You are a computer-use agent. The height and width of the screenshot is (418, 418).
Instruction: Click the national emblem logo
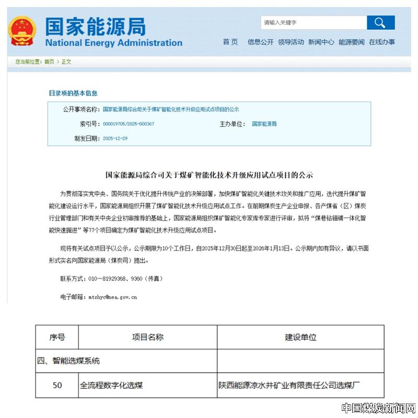point(22,31)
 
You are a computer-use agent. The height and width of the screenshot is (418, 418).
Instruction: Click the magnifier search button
point(380,22)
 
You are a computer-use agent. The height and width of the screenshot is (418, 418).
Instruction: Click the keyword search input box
point(313,22)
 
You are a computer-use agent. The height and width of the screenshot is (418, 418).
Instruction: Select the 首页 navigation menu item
point(230,42)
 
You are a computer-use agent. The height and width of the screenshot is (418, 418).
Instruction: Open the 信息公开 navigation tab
point(260,42)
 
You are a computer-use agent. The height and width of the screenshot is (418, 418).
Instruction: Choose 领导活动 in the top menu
point(291,42)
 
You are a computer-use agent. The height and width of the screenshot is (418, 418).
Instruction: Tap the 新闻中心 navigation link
point(321,42)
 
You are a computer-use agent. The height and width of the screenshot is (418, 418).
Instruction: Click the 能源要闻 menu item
point(351,42)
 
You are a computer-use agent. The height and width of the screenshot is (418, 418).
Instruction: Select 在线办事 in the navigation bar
point(382,42)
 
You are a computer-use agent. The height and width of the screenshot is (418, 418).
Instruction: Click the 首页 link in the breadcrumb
point(49,62)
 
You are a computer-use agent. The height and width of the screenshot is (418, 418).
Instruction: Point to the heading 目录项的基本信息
point(73,93)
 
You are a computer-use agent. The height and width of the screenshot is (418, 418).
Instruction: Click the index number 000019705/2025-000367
point(129,124)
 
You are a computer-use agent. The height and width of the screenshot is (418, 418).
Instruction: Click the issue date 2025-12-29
point(115,138)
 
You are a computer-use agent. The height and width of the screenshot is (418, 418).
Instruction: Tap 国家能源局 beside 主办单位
point(264,124)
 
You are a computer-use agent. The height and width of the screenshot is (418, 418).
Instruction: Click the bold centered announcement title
point(209,175)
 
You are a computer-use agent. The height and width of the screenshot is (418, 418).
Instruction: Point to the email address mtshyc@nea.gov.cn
point(112,297)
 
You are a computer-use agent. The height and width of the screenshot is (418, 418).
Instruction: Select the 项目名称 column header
point(148,338)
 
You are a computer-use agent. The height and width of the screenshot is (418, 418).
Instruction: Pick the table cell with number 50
point(57,386)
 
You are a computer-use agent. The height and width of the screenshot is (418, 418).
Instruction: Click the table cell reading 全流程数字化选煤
point(111,386)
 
